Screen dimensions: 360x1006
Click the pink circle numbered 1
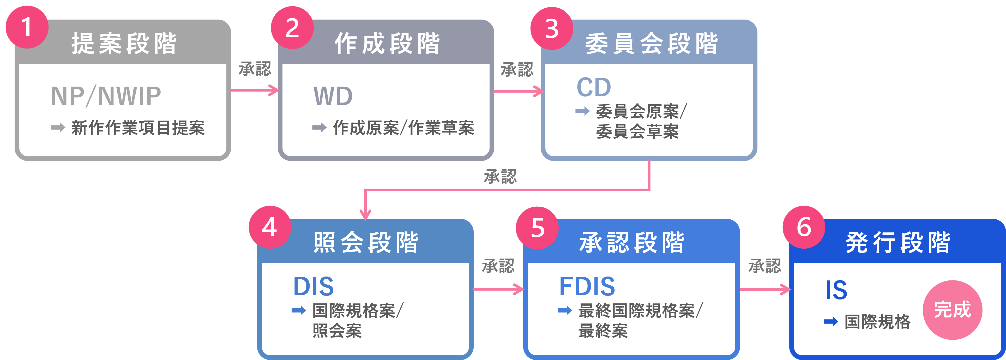point(27,27)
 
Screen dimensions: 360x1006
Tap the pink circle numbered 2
point(292,28)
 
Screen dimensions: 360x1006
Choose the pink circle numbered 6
point(804,227)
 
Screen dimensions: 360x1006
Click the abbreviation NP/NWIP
point(106,96)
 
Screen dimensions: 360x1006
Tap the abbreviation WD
point(333,96)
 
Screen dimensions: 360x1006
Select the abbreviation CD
point(594,87)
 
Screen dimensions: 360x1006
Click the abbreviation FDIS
point(587,287)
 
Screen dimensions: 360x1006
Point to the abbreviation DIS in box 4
point(314,287)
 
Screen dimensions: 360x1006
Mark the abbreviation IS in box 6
point(836,290)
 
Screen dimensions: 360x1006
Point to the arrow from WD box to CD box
point(519,91)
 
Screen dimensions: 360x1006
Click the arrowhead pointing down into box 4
point(365,214)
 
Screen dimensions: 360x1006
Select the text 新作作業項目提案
point(138,128)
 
